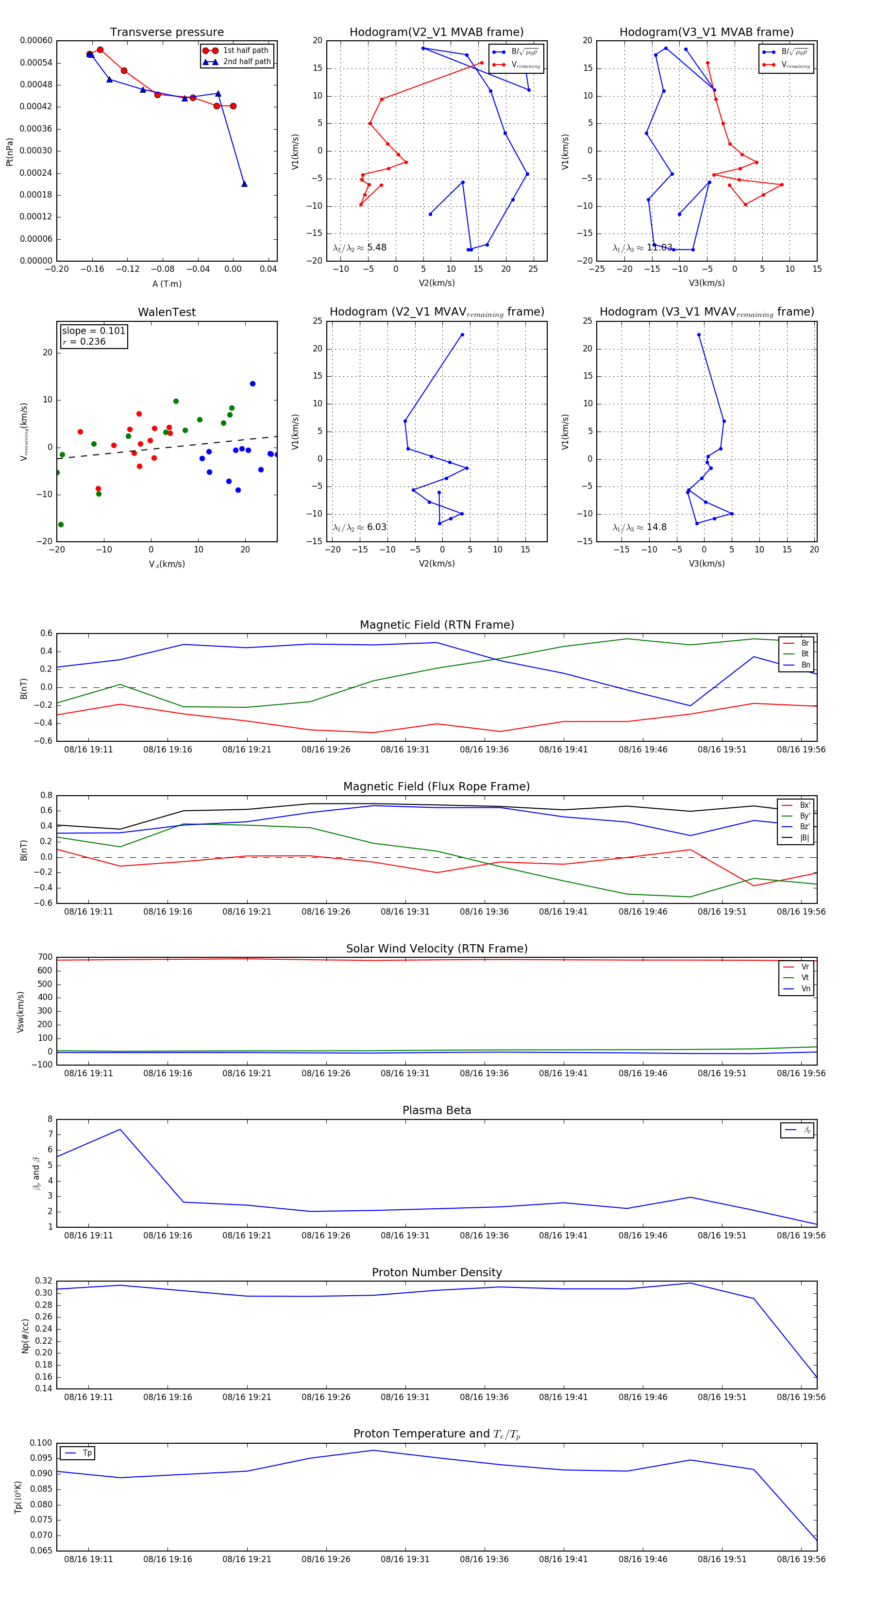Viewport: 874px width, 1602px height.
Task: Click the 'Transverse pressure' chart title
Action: (167, 33)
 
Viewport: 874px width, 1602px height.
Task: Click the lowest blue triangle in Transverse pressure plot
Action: (244, 184)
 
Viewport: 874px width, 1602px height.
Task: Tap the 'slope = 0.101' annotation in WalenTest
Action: (93, 331)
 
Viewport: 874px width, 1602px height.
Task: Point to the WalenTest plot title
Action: (167, 312)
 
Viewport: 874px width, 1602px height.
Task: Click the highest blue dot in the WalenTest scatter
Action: (252, 384)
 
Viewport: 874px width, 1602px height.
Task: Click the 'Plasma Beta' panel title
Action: (437, 1110)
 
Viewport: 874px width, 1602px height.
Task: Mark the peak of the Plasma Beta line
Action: (120, 1129)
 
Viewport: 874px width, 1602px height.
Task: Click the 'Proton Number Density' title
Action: (437, 1272)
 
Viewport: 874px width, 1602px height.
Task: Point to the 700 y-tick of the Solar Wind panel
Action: (45, 957)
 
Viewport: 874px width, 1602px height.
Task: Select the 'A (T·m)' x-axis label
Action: (167, 284)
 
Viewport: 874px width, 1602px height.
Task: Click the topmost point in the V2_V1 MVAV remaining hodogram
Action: (462, 334)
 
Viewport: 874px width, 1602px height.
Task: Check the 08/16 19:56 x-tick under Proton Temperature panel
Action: (801, 1559)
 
